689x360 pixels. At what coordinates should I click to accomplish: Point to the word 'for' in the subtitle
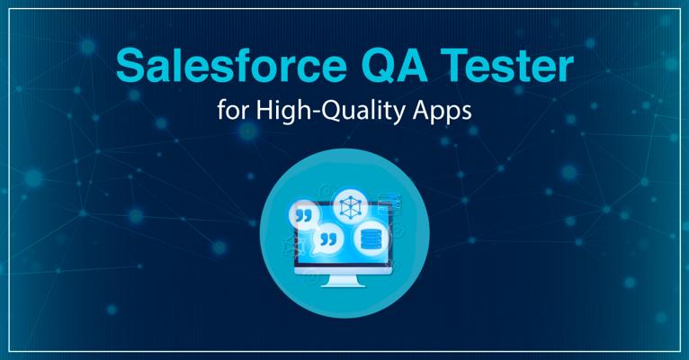pos(233,110)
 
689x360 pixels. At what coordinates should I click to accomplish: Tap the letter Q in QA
pos(377,66)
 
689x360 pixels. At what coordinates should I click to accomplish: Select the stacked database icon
pos(369,239)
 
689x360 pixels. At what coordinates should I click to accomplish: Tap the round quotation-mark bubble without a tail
pos(304,215)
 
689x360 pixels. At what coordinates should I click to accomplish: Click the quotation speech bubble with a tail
pos(327,239)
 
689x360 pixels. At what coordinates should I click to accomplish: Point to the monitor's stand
pos(344,281)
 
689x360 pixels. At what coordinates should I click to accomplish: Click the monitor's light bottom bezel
pos(344,270)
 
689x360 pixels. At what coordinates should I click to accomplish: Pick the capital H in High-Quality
pos(264,110)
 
